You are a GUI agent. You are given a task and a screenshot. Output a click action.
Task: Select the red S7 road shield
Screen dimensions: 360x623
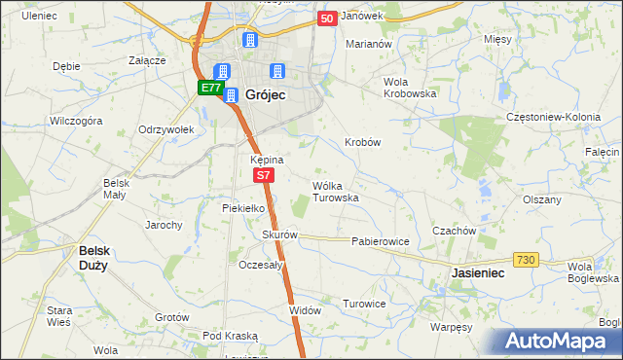tap(264, 175)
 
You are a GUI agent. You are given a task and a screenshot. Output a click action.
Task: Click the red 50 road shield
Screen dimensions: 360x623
tap(327, 18)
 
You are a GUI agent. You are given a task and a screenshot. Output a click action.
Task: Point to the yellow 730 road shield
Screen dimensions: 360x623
tap(526, 259)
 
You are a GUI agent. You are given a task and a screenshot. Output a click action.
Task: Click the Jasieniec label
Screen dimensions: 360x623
tap(477, 274)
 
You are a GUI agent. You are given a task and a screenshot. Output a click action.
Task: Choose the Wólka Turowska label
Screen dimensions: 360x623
tap(336, 191)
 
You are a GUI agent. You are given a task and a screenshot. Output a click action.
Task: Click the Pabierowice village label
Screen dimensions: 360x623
tap(380, 240)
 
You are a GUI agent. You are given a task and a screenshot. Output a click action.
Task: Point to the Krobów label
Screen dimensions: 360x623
tap(362, 142)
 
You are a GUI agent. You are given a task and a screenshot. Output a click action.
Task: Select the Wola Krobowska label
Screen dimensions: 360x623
tap(410, 87)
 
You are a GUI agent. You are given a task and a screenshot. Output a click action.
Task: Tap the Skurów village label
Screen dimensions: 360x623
tap(279, 234)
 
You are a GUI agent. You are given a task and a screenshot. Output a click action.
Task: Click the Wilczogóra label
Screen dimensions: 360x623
tap(77, 122)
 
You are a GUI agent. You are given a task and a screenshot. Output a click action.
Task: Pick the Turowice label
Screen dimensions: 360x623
tap(364, 304)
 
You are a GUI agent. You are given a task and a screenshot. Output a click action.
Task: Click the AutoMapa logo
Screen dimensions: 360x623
tap(562, 342)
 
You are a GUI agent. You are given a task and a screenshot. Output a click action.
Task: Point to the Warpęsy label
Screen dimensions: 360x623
tap(451, 327)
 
